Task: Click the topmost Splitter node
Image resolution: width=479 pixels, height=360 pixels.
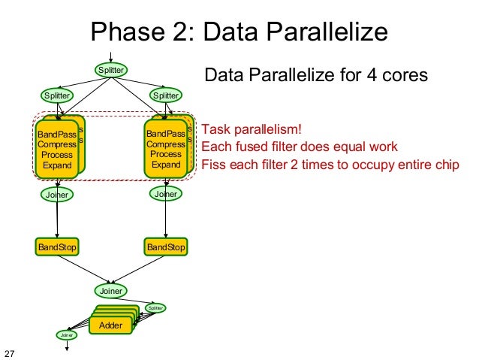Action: pyautogui.click(x=110, y=70)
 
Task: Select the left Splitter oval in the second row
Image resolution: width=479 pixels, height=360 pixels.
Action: pyautogui.click(x=56, y=95)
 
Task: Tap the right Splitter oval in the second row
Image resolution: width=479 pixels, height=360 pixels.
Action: pyautogui.click(x=165, y=95)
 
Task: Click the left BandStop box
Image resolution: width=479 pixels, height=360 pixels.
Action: pyautogui.click(x=57, y=247)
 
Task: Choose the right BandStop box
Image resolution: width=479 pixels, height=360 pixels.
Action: pyautogui.click(x=166, y=247)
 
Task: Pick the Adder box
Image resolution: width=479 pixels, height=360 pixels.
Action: pyautogui.click(x=110, y=325)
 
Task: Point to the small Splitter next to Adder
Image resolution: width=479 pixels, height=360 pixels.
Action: pyautogui.click(x=155, y=307)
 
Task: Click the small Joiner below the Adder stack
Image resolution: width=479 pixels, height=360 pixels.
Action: pyautogui.click(x=65, y=335)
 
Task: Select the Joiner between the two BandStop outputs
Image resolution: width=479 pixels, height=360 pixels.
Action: pyautogui.click(x=110, y=289)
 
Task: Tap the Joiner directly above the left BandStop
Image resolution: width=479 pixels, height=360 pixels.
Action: pyautogui.click(x=57, y=195)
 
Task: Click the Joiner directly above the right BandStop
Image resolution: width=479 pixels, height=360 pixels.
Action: pyautogui.click(x=165, y=194)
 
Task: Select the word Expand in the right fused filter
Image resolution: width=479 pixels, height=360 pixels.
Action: pyautogui.click(x=166, y=164)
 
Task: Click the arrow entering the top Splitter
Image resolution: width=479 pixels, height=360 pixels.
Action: pyautogui.click(x=110, y=57)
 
